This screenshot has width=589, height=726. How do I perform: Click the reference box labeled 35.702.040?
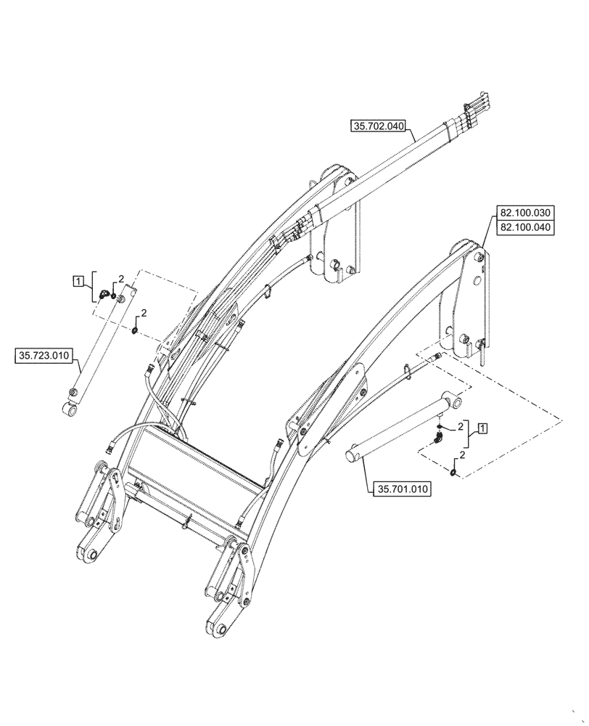[x=378, y=126]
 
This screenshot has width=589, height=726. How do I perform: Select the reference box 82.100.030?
[x=524, y=213]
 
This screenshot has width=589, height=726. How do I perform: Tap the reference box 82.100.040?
[x=524, y=227]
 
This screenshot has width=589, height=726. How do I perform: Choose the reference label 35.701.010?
[x=403, y=489]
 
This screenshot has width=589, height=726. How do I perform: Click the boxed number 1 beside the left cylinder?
[x=77, y=279]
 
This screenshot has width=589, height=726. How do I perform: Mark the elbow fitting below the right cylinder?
[x=438, y=438]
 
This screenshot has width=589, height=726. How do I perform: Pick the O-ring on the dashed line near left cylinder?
[x=135, y=331]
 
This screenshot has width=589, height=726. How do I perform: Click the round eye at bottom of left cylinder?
[x=70, y=412]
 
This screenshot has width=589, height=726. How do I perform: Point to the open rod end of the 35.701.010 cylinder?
[x=352, y=455]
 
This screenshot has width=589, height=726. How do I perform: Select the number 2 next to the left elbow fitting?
[x=121, y=279]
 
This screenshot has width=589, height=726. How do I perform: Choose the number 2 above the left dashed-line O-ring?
[x=143, y=313]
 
